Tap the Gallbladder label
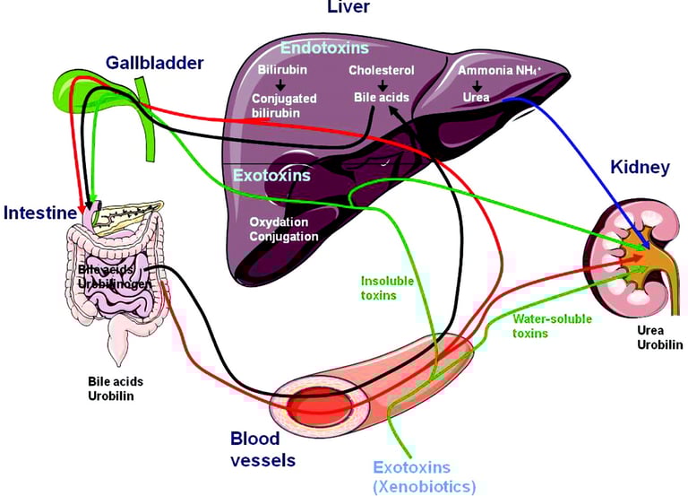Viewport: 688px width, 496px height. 154,63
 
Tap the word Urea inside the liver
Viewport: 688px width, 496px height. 475,98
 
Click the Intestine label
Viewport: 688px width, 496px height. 38,213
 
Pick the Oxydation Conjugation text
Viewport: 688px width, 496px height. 283,230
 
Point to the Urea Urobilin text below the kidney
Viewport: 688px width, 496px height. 658,338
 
